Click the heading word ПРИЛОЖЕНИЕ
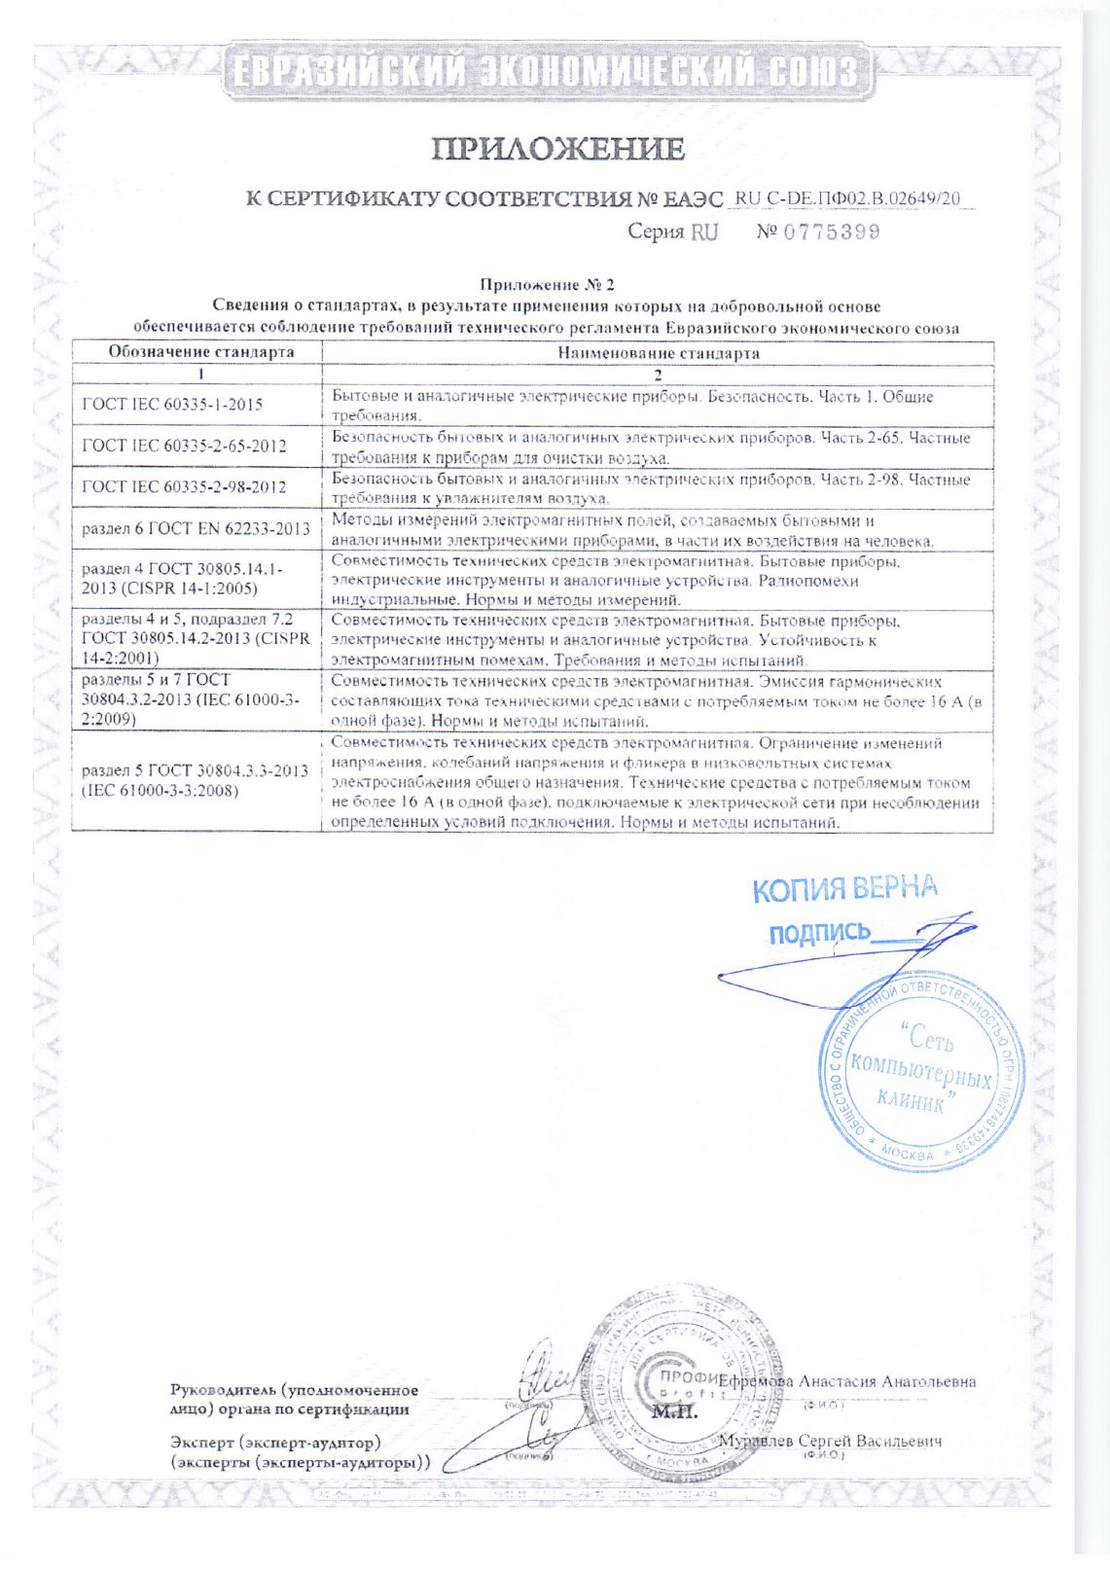557,149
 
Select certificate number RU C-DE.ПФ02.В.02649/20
847,198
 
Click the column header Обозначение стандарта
200,352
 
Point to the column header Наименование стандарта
658,353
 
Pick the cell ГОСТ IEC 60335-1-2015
172,404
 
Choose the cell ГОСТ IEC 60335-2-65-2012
184,446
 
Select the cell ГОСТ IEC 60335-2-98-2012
184,486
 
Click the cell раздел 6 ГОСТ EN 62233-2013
196,528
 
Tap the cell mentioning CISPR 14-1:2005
182,579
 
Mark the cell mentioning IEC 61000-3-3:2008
195,780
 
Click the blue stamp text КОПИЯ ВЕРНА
845,888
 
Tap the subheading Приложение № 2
547,285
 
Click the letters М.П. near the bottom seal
674,1411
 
